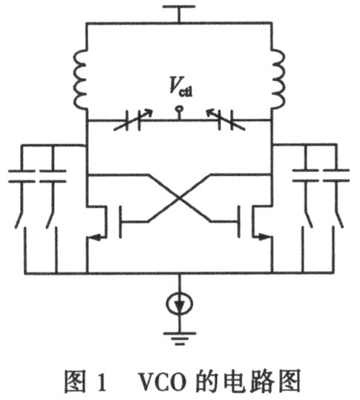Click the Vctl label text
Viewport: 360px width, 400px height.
point(181,87)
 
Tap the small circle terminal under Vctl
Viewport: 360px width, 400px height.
point(179,108)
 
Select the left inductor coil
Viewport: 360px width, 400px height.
point(80,80)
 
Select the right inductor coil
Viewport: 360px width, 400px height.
point(278,80)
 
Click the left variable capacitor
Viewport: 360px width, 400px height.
point(134,120)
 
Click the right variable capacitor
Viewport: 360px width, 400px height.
point(226,120)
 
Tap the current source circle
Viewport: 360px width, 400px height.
point(180,304)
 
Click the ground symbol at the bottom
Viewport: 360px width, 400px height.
point(180,338)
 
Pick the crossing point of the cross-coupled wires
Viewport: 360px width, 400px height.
point(180,198)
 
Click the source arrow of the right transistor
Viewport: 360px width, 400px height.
point(263,237)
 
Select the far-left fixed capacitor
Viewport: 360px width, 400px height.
point(22,176)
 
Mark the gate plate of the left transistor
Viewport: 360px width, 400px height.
point(120,222)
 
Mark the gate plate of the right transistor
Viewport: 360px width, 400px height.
point(239,221)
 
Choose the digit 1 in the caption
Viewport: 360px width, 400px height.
point(102,382)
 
